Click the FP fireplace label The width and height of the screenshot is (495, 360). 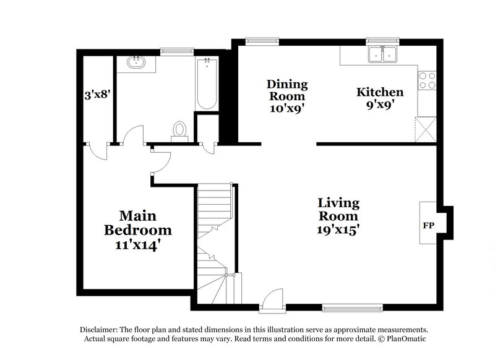click(x=427, y=225)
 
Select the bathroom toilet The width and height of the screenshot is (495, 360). click(x=179, y=131)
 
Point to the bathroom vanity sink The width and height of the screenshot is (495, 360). click(x=135, y=62)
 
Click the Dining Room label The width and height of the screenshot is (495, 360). click(x=286, y=90)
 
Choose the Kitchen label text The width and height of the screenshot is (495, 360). click(x=380, y=92)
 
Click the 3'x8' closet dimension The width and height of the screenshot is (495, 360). click(x=97, y=96)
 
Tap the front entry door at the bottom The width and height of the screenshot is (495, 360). click(x=271, y=301)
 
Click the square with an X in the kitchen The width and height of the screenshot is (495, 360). click(x=427, y=130)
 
